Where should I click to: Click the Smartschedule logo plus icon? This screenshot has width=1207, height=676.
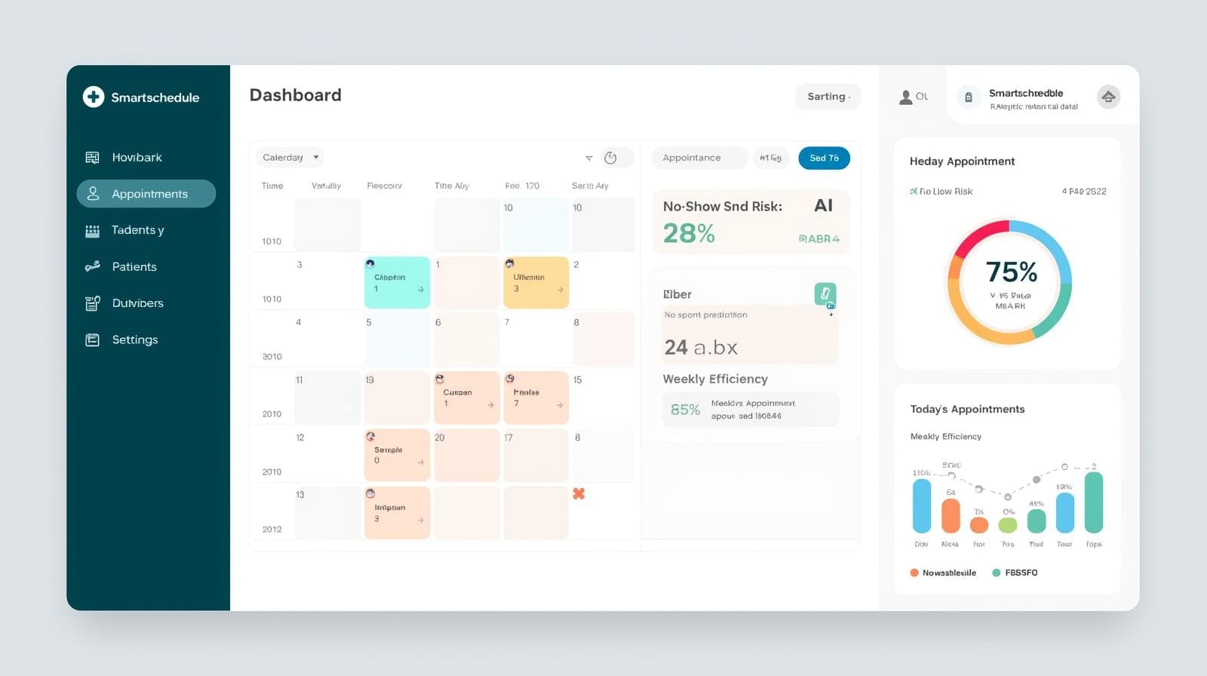click(x=94, y=97)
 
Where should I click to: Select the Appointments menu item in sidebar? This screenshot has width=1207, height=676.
click(x=146, y=194)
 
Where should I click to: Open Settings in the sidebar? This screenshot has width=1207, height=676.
click(x=134, y=340)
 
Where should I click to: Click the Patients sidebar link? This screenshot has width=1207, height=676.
click(x=134, y=266)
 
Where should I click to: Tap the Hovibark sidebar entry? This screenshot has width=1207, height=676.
click(x=137, y=157)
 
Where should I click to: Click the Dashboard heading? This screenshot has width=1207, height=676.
click(x=295, y=95)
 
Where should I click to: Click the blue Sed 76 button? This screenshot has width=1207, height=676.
click(x=824, y=158)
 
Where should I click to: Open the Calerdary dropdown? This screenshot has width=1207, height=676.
click(x=290, y=158)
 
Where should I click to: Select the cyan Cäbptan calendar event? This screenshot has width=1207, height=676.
click(x=397, y=282)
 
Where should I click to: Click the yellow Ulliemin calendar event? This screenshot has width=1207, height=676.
click(x=536, y=282)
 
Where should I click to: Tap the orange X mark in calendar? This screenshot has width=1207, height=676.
click(x=579, y=493)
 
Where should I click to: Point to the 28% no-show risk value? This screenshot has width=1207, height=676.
click(x=689, y=234)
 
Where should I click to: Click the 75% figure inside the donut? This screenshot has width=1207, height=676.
click(x=1011, y=272)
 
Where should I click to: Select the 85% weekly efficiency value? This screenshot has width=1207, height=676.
click(x=685, y=410)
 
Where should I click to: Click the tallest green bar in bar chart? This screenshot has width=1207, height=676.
click(x=1093, y=502)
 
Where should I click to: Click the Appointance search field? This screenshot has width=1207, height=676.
click(x=698, y=158)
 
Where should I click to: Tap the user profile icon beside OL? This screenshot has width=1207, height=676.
click(x=905, y=97)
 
